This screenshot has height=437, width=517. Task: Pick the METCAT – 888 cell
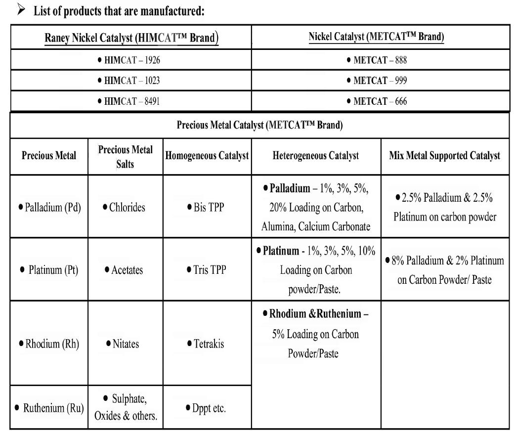[380, 60]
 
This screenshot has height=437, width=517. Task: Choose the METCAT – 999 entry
[380, 81]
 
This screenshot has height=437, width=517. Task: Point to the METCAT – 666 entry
[380, 101]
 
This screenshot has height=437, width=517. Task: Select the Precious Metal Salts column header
[126, 156]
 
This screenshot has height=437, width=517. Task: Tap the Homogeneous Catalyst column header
[207, 156]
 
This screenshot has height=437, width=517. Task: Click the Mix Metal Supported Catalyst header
[445, 156]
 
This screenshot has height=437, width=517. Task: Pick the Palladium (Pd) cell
[49, 207]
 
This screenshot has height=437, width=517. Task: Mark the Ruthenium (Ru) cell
[49, 408]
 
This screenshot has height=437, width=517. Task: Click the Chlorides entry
[125, 207]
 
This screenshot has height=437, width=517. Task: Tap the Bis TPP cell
[206, 207]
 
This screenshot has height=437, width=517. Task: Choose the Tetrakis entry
[206, 344]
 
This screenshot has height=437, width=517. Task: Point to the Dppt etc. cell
[206, 408]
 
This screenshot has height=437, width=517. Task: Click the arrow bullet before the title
[21, 10]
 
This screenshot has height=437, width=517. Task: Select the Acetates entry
[124, 270]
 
